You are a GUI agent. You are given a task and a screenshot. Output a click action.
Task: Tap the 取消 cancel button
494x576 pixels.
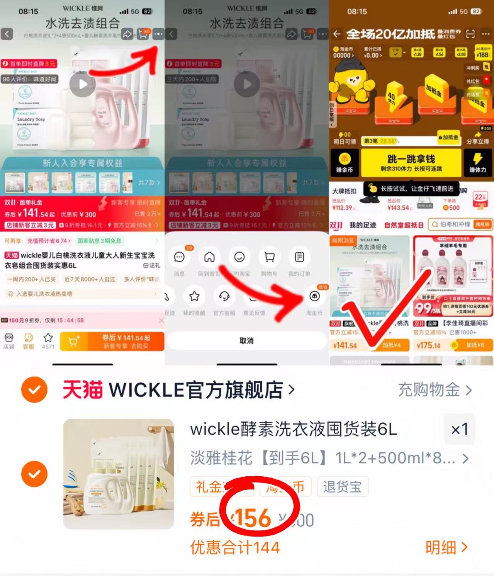[246, 341]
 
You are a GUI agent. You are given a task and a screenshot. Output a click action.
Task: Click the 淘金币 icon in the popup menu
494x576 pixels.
[314, 297]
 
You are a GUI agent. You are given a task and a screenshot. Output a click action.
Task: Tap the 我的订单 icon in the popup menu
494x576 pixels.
[299, 257]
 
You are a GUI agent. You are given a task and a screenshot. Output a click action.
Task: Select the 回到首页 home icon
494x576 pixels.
[209, 257]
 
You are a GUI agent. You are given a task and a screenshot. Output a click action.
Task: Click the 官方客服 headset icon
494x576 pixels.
[224, 297]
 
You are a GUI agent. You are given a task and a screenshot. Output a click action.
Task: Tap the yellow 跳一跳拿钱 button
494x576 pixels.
[411, 163]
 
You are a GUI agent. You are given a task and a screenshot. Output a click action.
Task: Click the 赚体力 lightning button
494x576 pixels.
[478, 163]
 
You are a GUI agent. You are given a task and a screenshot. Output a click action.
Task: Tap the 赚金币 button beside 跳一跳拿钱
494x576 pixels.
[344, 163]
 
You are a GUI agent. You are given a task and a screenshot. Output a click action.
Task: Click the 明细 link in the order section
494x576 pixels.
[446, 547]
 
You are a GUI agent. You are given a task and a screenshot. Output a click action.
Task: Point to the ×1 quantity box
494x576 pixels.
[459, 429]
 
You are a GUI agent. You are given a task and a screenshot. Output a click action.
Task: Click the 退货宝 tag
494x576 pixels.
[342, 487]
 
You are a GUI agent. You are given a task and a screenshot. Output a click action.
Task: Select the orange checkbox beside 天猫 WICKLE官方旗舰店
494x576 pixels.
[34, 390]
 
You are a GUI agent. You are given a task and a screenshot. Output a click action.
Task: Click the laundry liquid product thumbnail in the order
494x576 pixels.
[119, 474]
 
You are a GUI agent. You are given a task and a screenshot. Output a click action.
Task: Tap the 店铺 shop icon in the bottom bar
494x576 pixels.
[9, 341]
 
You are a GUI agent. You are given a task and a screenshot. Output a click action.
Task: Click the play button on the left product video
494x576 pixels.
[83, 84]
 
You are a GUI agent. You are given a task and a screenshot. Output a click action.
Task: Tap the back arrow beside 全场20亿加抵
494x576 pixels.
[337, 34]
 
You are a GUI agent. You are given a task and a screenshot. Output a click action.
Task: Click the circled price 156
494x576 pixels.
[253, 518]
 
